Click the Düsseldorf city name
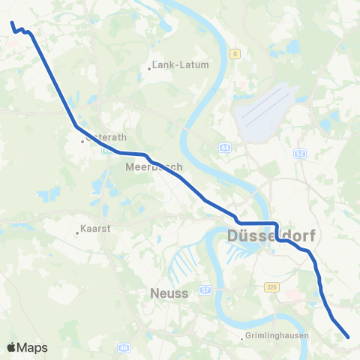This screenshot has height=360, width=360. pyautogui.click(x=270, y=237)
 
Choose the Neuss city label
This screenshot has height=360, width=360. pyautogui.click(x=169, y=292)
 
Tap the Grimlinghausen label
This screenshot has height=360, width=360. pyautogui.click(x=278, y=336)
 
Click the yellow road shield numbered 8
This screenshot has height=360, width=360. pyautogui.click(x=235, y=53)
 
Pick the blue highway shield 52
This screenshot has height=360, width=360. pyautogui.click(x=301, y=153)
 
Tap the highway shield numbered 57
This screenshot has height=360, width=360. pyautogui.click(x=204, y=288)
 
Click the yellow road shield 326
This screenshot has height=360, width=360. pyautogui.click(x=272, y=287)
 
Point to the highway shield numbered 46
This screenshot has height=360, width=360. pyautogui.click(x=124, y=347)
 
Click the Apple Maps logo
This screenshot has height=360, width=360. pyautogui.click(x=28, y=347)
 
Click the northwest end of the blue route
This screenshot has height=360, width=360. pyautogui.click(x=11, y=23)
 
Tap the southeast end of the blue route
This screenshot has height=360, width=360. pyautogui.click(x=349, y=337)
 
